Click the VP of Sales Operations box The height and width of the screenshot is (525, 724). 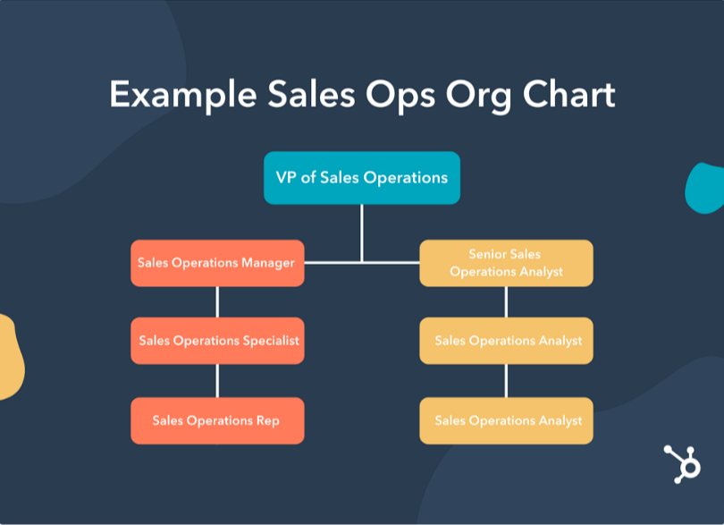(x=361, y=178)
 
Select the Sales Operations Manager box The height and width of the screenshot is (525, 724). (x=217, y=263)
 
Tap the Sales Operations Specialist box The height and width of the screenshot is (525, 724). (x=217, y=341)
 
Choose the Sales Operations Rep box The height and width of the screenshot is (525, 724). (x=217, y=420)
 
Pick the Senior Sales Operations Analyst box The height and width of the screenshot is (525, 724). (x=506, y=263)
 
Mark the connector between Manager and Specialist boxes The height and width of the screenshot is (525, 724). (x=217, y=301)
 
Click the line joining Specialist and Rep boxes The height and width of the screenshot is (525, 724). (x=217, y=380)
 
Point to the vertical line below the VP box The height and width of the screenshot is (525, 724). (x=361, y=232)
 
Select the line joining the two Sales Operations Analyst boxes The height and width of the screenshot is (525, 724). (x=506, y=380)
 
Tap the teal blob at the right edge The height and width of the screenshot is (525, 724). (x=705, y=188)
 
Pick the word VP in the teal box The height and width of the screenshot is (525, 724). (x=286, y=178)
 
